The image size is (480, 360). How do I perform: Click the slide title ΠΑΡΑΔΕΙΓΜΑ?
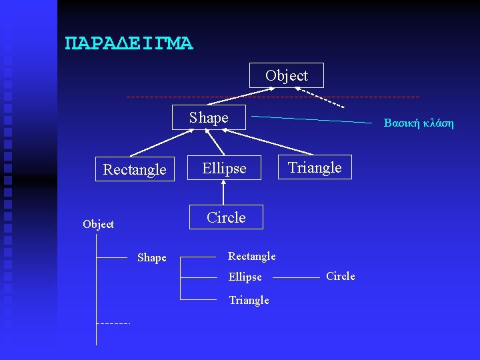click(x=129, y=44)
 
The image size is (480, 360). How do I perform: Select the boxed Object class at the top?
click(x=287, y=75)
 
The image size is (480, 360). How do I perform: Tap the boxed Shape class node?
click(x=209, y=118)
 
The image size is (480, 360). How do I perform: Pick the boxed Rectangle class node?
click(x=135, y=170)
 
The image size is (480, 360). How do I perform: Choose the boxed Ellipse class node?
click(x=225, y=169)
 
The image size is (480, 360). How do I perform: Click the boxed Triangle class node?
click(x=315, y=167)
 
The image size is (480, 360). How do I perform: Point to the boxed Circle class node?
click(x=226, y=217)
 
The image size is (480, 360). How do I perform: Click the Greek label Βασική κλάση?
click(x=418, y=123)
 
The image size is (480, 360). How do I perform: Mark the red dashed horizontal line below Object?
click(x=200, y=97)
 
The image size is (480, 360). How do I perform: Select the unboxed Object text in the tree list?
click(x=98, y=225)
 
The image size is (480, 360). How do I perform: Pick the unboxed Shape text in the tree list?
click(x=151, y=258)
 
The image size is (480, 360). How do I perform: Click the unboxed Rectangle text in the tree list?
click(x=251, y=257)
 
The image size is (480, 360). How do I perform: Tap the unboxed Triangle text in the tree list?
click(x=249, y=301)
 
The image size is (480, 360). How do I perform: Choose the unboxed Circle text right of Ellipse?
click(x=340, y=277)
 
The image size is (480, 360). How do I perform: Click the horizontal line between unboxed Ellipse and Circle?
click(x=297, y=277)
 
